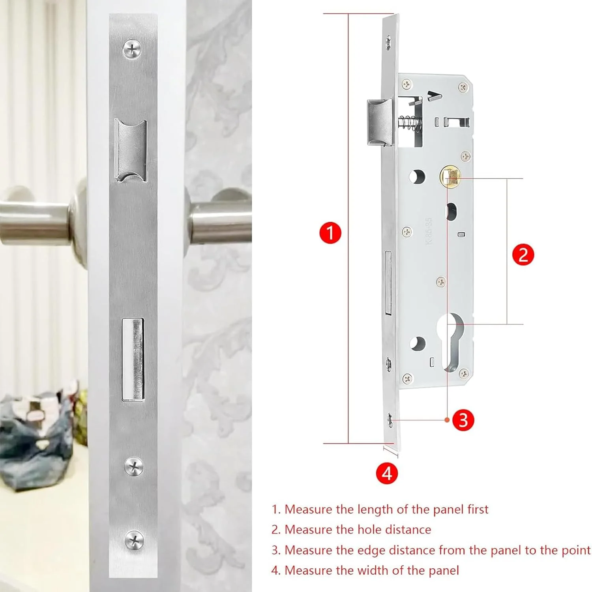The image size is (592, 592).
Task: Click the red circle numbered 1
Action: pos(330,232)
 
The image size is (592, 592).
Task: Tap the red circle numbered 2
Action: pos(523,255)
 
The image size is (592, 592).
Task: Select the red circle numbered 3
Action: pos(463,420)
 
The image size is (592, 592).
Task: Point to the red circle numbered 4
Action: pos(387,473)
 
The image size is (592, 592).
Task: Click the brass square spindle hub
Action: pos(450,177)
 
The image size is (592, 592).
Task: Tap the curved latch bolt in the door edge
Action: pos(130,150)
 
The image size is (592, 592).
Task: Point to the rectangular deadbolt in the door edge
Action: pos(133,360)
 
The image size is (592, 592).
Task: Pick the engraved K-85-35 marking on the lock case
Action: pos(429,231)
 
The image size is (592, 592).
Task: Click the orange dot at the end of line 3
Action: pos(447,420)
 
